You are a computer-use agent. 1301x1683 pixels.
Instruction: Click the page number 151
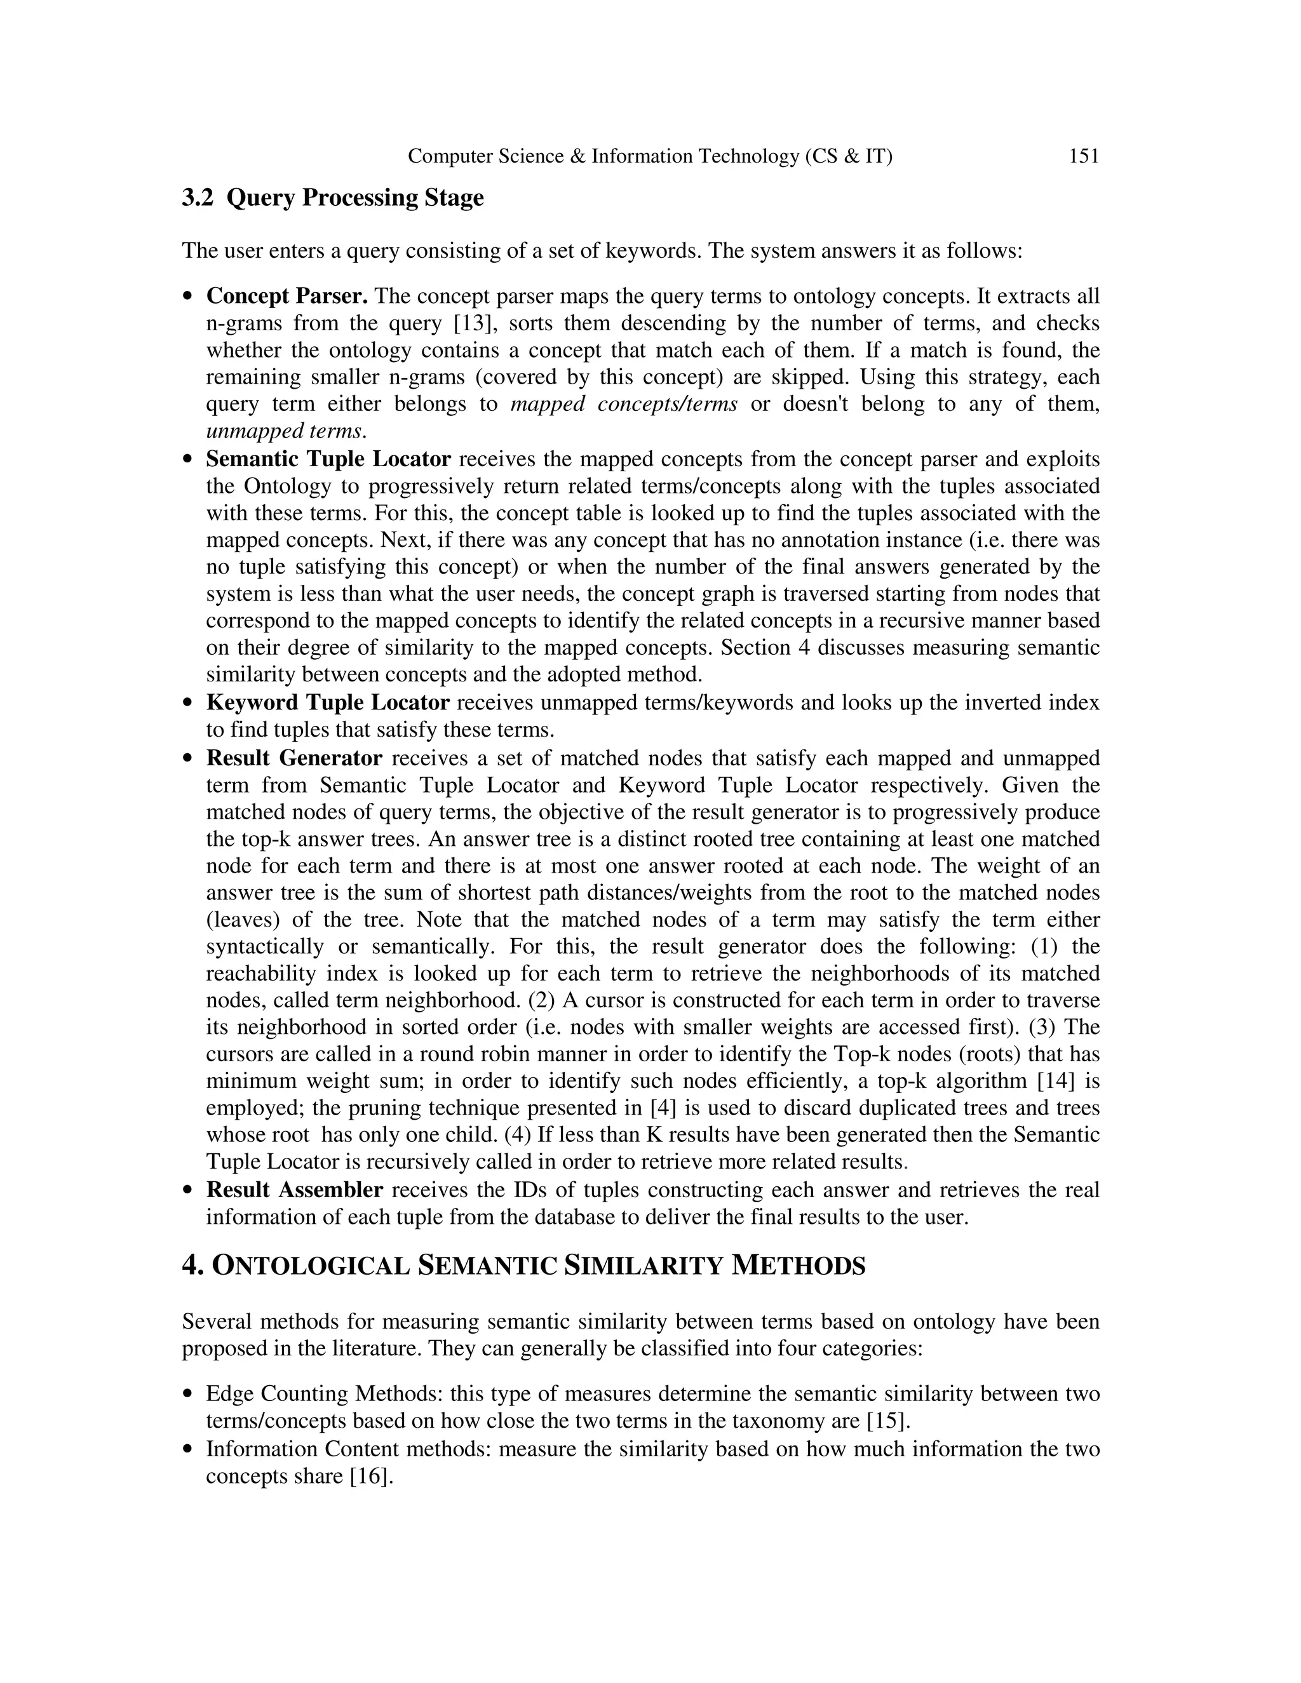[x=1084, y=156]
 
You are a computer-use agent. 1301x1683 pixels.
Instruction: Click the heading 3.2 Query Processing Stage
[x=332, y=198]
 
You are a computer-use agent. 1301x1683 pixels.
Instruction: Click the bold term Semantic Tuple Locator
[x=328, y=459]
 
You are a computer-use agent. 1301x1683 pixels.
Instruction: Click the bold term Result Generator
[x=293, y=758]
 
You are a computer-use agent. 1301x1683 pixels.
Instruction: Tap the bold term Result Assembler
[x=293, y=1190]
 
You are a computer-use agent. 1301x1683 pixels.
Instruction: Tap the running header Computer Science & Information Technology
[x=650, y=156]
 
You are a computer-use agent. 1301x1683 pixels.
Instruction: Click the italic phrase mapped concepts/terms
[x=624, y=404]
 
